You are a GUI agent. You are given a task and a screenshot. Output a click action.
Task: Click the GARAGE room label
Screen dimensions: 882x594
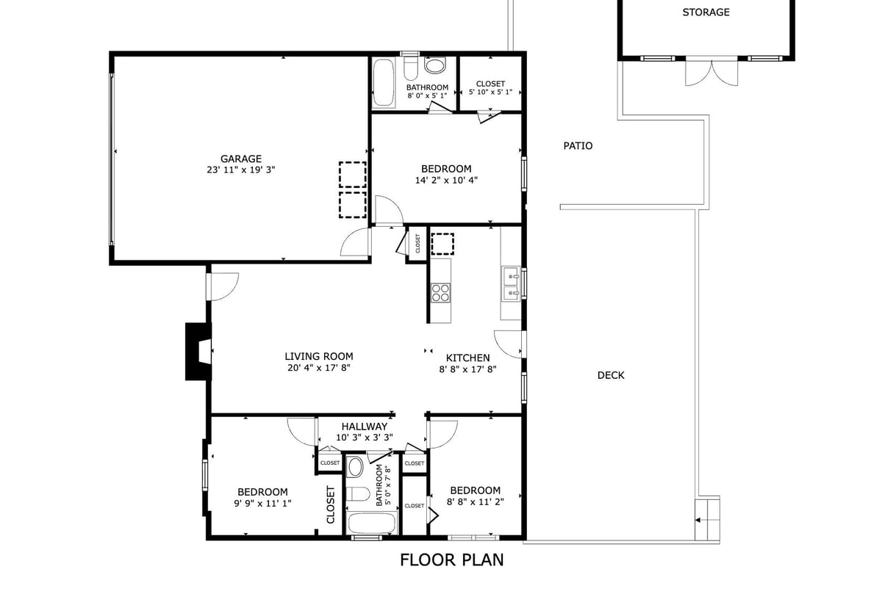point(241,159)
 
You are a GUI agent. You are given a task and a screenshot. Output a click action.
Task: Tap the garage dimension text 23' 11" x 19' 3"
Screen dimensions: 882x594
point(241,170)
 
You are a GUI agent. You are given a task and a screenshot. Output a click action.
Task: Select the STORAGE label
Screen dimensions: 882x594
point(706,12)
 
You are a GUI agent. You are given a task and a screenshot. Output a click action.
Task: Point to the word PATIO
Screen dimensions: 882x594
point(578,146)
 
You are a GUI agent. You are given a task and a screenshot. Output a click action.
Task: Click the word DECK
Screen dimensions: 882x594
point(611,375)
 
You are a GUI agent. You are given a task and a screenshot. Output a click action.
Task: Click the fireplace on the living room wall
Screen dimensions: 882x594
point(198,352)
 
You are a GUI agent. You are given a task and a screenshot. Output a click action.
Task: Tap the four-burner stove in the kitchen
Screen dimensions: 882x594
point(440,293)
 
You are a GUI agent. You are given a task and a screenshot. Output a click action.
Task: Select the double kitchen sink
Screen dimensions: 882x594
point(511,283)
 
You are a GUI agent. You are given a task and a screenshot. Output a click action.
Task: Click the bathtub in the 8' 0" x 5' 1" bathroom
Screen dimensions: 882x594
point(384,83)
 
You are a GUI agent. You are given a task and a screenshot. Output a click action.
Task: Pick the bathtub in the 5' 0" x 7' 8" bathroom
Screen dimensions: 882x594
point(371,523)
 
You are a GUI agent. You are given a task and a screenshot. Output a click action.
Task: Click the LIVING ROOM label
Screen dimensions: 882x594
point(319,356)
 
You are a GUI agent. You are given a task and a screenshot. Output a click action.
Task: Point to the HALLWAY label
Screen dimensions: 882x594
point(365,427)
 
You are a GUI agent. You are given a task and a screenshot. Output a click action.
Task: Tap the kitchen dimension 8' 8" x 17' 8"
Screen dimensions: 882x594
point(467,369)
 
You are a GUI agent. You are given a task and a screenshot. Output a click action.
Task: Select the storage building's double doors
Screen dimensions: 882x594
point(711,72)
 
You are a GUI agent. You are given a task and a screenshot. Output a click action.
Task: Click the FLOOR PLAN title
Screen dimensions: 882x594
point(451,559)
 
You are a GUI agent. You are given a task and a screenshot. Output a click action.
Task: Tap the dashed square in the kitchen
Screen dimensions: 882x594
point(442,244)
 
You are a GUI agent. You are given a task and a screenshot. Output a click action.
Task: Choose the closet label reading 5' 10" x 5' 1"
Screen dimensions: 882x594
point(490,92)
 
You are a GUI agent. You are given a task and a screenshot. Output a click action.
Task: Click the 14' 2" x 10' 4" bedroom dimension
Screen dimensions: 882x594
point(446,180)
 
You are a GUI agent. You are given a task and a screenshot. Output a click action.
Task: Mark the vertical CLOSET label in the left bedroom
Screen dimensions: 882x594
point(330,505)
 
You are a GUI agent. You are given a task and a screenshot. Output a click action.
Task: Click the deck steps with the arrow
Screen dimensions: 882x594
point(707,520)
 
